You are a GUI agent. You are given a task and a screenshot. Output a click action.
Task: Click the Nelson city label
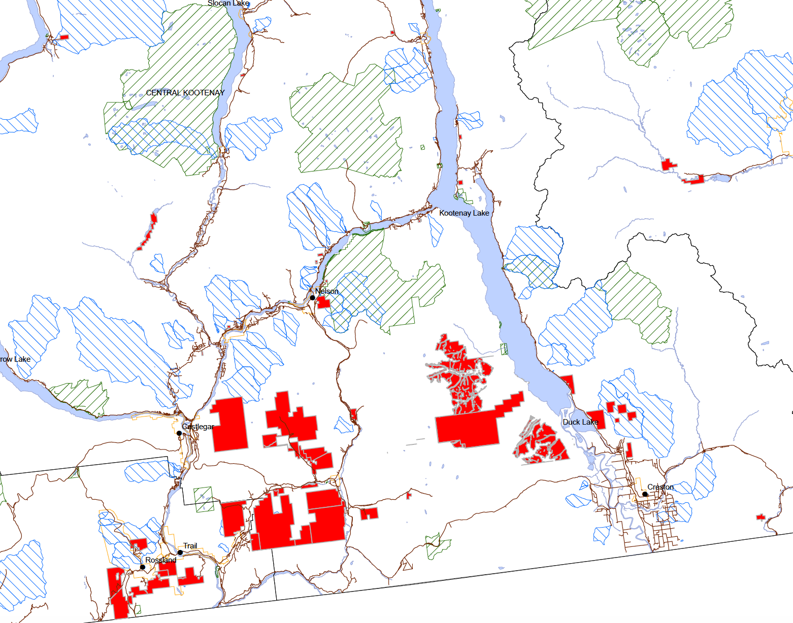click(x=326, y=291)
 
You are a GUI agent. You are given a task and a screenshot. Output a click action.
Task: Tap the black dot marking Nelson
click(x=313, y=297)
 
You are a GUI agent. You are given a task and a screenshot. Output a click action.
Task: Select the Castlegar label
click(x=198, y=427)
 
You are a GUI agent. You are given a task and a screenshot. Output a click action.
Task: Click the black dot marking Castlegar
click(x=179, y=433)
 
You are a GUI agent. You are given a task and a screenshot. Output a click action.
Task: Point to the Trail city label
click(x=190, y=546)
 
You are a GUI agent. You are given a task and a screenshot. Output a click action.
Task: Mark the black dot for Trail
click(x=180, y=552)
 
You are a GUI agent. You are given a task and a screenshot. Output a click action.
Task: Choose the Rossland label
click(x=160, y=560)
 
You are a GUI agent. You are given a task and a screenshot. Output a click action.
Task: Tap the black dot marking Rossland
click(x=143, y=567)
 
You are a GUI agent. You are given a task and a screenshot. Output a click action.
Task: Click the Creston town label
click(x=660, y=487)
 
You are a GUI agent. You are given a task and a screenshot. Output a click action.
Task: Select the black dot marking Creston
click(x=645, y=494)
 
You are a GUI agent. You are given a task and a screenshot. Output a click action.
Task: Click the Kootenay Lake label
click(x=464, y=213)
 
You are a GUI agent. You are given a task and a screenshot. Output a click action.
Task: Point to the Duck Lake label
click(x=580, y=422)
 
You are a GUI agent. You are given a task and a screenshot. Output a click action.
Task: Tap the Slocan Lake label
click(x=228, y=4)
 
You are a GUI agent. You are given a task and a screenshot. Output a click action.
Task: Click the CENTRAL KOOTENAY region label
click(x=185, y=93)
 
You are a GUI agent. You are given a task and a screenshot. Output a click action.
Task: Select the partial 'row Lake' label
click(x=15, y=359)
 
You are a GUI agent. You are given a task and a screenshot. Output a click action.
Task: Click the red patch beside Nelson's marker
click(x=323, y=303)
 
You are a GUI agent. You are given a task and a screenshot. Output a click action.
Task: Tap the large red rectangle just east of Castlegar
click(x=229, y=424)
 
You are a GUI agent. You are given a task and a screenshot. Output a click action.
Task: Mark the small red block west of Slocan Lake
click(x=64, y=37)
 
